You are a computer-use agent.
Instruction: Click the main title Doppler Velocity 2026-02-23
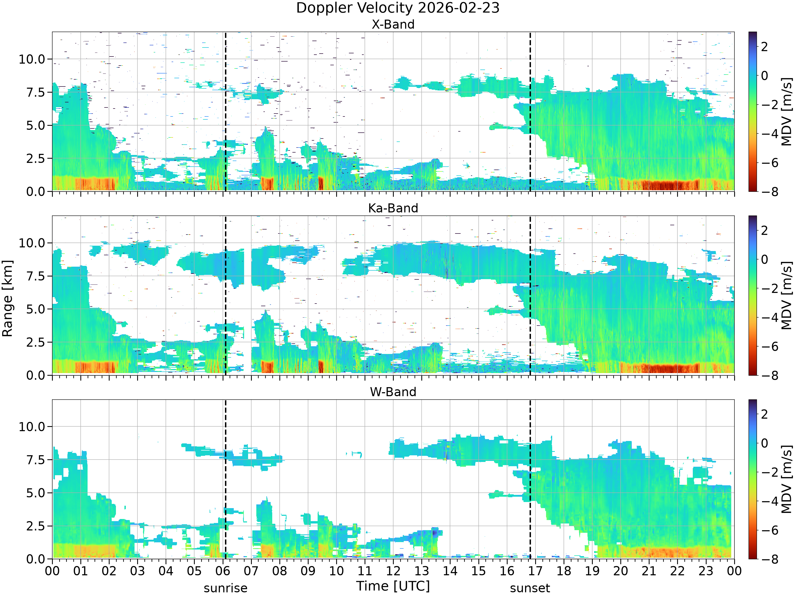tap(398, 8)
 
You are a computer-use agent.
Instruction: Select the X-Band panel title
tap(393, 24)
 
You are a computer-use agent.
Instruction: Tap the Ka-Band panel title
tap(393, 208)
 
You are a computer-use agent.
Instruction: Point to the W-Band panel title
tap(393, 392)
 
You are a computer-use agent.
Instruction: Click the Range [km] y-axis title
tap(7, 298)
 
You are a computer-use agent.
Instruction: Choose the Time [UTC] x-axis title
tap(393, 586)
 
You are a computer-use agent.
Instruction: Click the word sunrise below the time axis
tap(226, 588)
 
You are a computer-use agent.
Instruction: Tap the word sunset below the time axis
tap(530, 588)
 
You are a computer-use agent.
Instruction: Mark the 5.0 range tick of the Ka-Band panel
tap(36, 309)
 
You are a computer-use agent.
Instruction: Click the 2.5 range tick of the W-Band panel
tap(36, 526)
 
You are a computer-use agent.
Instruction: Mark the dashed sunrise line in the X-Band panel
tap(226, 111)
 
